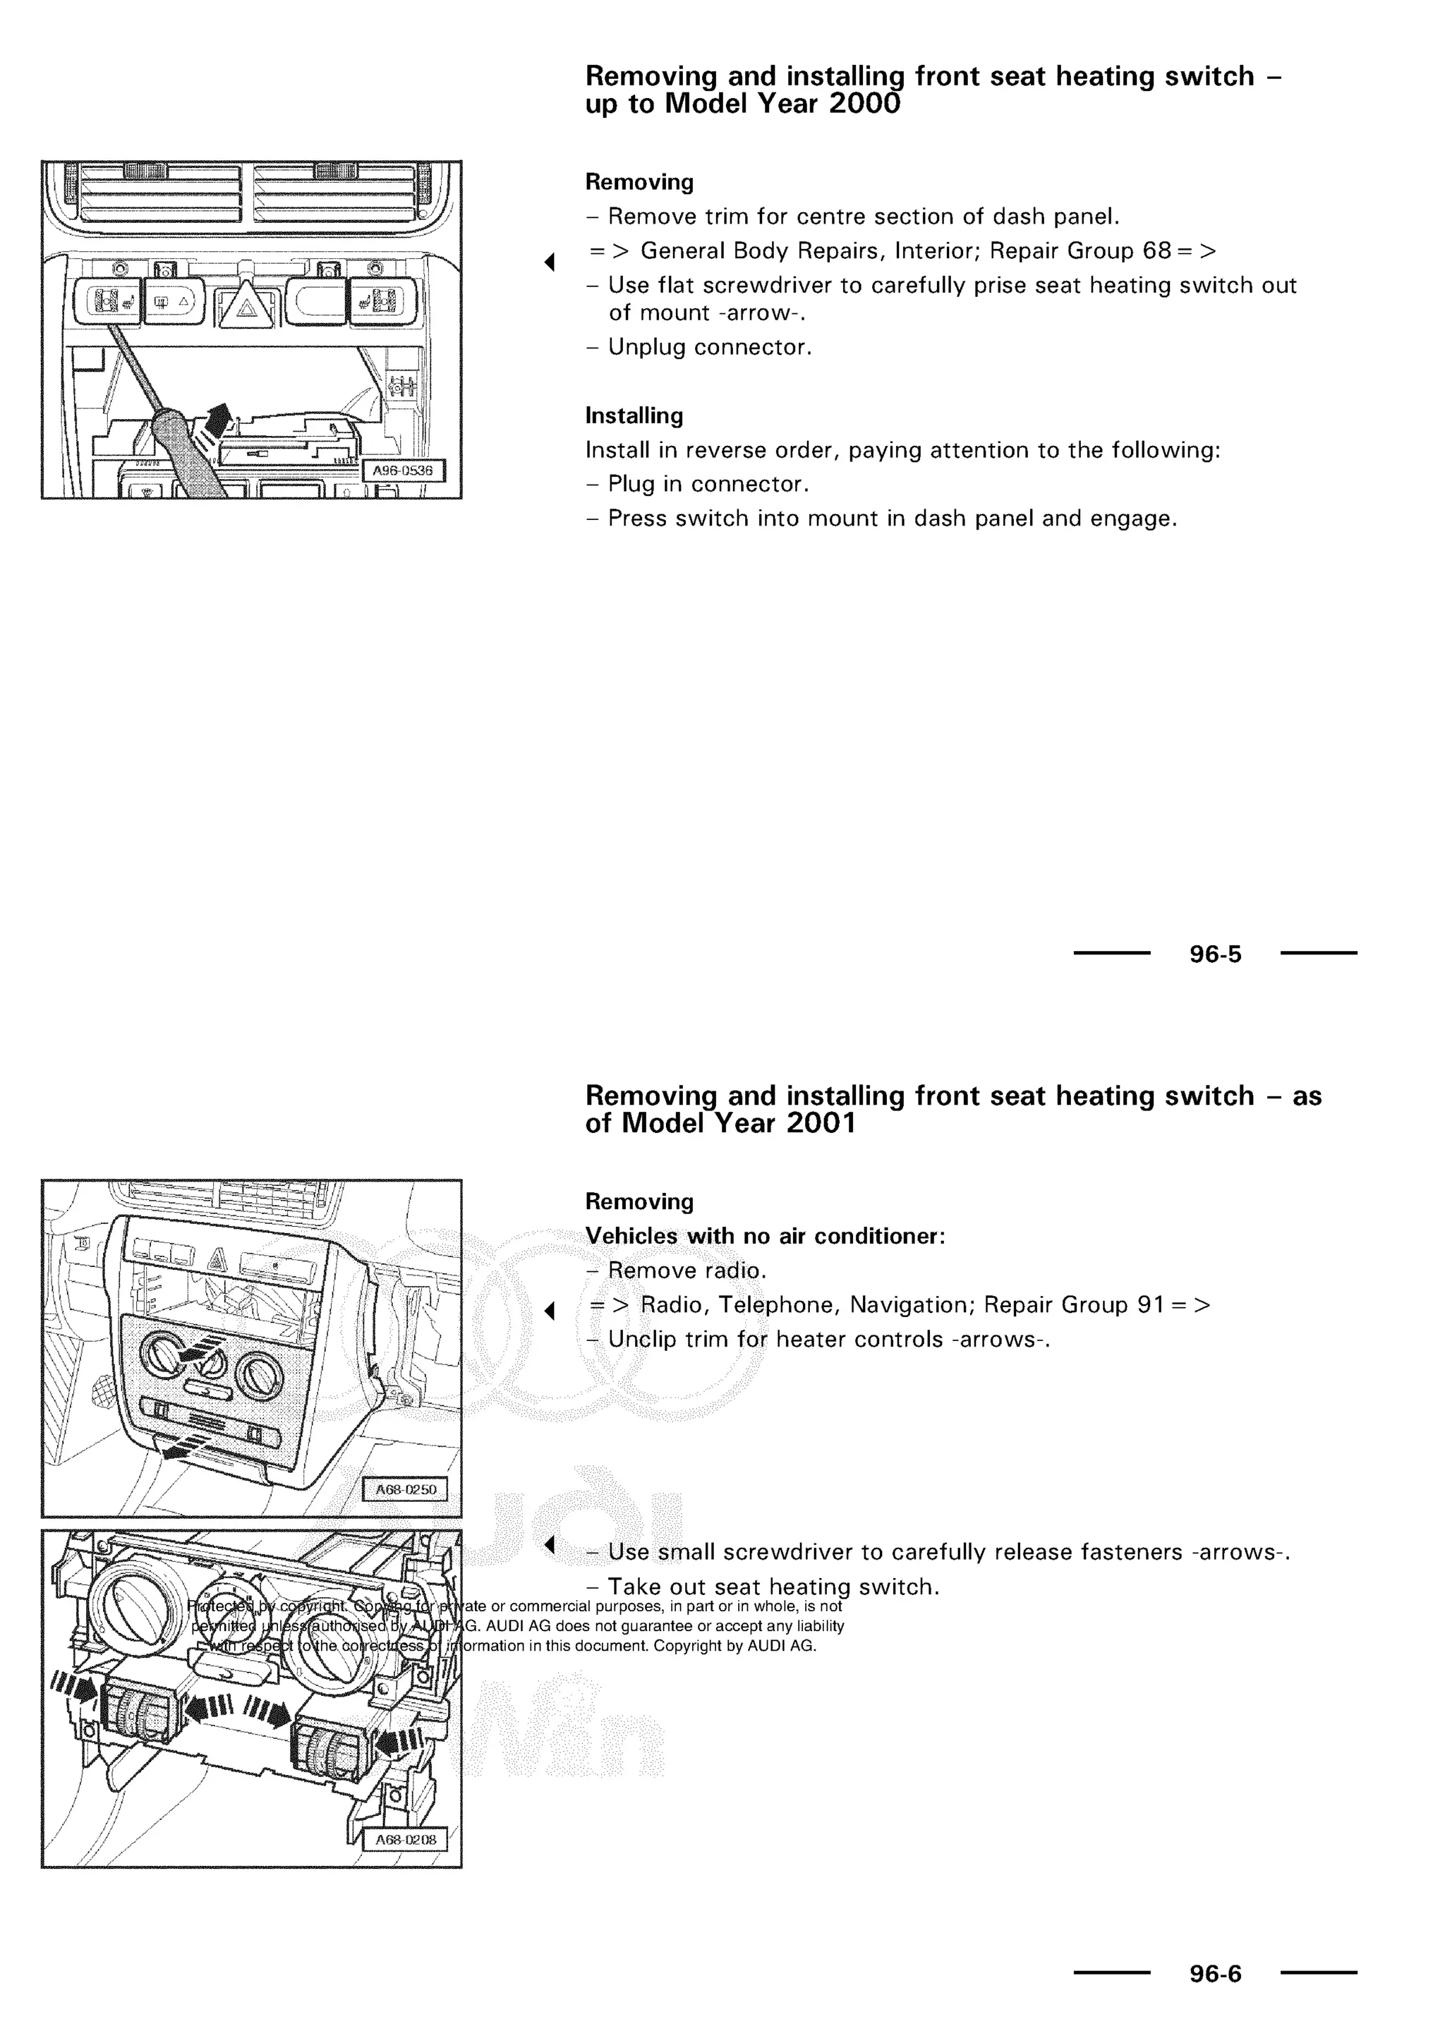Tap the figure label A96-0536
(x=402, y=471)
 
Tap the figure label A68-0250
(x=405, y=1489)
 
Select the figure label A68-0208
(x=405, y=1839)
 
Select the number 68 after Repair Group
(x=1156, y=251)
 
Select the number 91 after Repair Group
(x=1151, y=1305)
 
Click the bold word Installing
(x=634, y=416)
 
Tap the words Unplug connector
(x=709, y=347)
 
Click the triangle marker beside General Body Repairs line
(x=549, y=262)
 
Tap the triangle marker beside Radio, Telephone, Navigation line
(x=549, y=1311)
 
